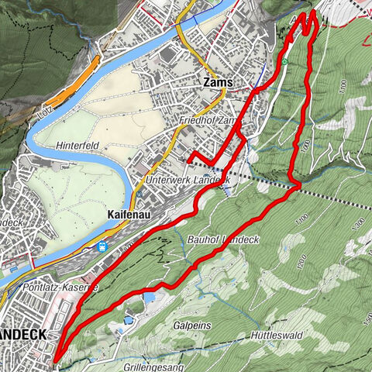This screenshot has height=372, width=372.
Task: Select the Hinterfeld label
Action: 77,145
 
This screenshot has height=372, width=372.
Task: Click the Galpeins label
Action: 192,326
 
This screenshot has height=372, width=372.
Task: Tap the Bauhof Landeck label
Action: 220,240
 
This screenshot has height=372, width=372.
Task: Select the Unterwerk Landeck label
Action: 187,180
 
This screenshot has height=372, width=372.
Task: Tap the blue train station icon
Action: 102,246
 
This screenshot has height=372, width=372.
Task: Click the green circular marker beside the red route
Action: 284,62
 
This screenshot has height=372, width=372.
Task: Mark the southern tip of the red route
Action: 56,358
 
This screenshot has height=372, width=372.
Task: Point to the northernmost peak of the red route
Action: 312,12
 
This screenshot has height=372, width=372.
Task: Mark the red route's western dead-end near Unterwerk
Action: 188,160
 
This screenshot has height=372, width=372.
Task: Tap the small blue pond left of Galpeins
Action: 148,296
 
